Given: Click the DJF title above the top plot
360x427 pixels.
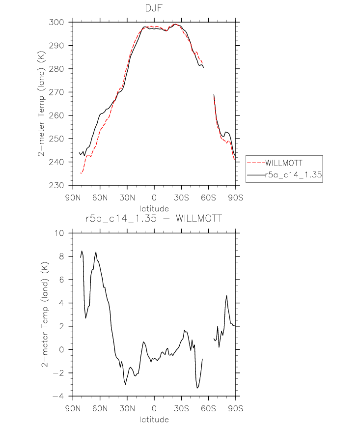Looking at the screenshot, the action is click(154, 8).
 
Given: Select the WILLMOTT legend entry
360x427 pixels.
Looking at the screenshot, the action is click(284, 163).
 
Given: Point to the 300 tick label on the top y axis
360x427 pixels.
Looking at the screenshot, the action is click(56, 22).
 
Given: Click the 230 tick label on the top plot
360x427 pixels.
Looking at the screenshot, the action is click(56, 185).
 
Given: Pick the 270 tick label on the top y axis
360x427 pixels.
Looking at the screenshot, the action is click(56, 92).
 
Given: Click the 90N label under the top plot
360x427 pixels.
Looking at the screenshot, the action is click(73, 198).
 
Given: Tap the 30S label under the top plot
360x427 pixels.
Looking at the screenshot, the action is click(181, 198).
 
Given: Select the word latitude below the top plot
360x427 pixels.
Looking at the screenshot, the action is click(154, 209).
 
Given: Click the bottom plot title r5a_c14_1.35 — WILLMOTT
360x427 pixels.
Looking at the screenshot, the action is click(154, 218).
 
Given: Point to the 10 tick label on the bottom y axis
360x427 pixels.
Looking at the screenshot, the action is click(59, 233).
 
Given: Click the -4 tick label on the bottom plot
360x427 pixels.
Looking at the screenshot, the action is click(58, 396).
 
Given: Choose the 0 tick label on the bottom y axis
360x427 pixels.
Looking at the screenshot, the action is click(61, 349).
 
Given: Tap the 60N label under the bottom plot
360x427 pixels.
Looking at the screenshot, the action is click(100, 408).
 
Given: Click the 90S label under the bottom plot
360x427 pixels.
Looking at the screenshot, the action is click(236, 408).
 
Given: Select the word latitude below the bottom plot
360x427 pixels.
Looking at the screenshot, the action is click(154, 419).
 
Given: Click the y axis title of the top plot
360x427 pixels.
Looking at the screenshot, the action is click(41, 104).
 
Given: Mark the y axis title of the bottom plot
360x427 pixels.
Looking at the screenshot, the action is click(45, 314).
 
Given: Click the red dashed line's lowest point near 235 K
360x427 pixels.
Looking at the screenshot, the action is click(81, 173).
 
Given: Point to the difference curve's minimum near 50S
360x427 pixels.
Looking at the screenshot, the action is click(197, 388).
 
